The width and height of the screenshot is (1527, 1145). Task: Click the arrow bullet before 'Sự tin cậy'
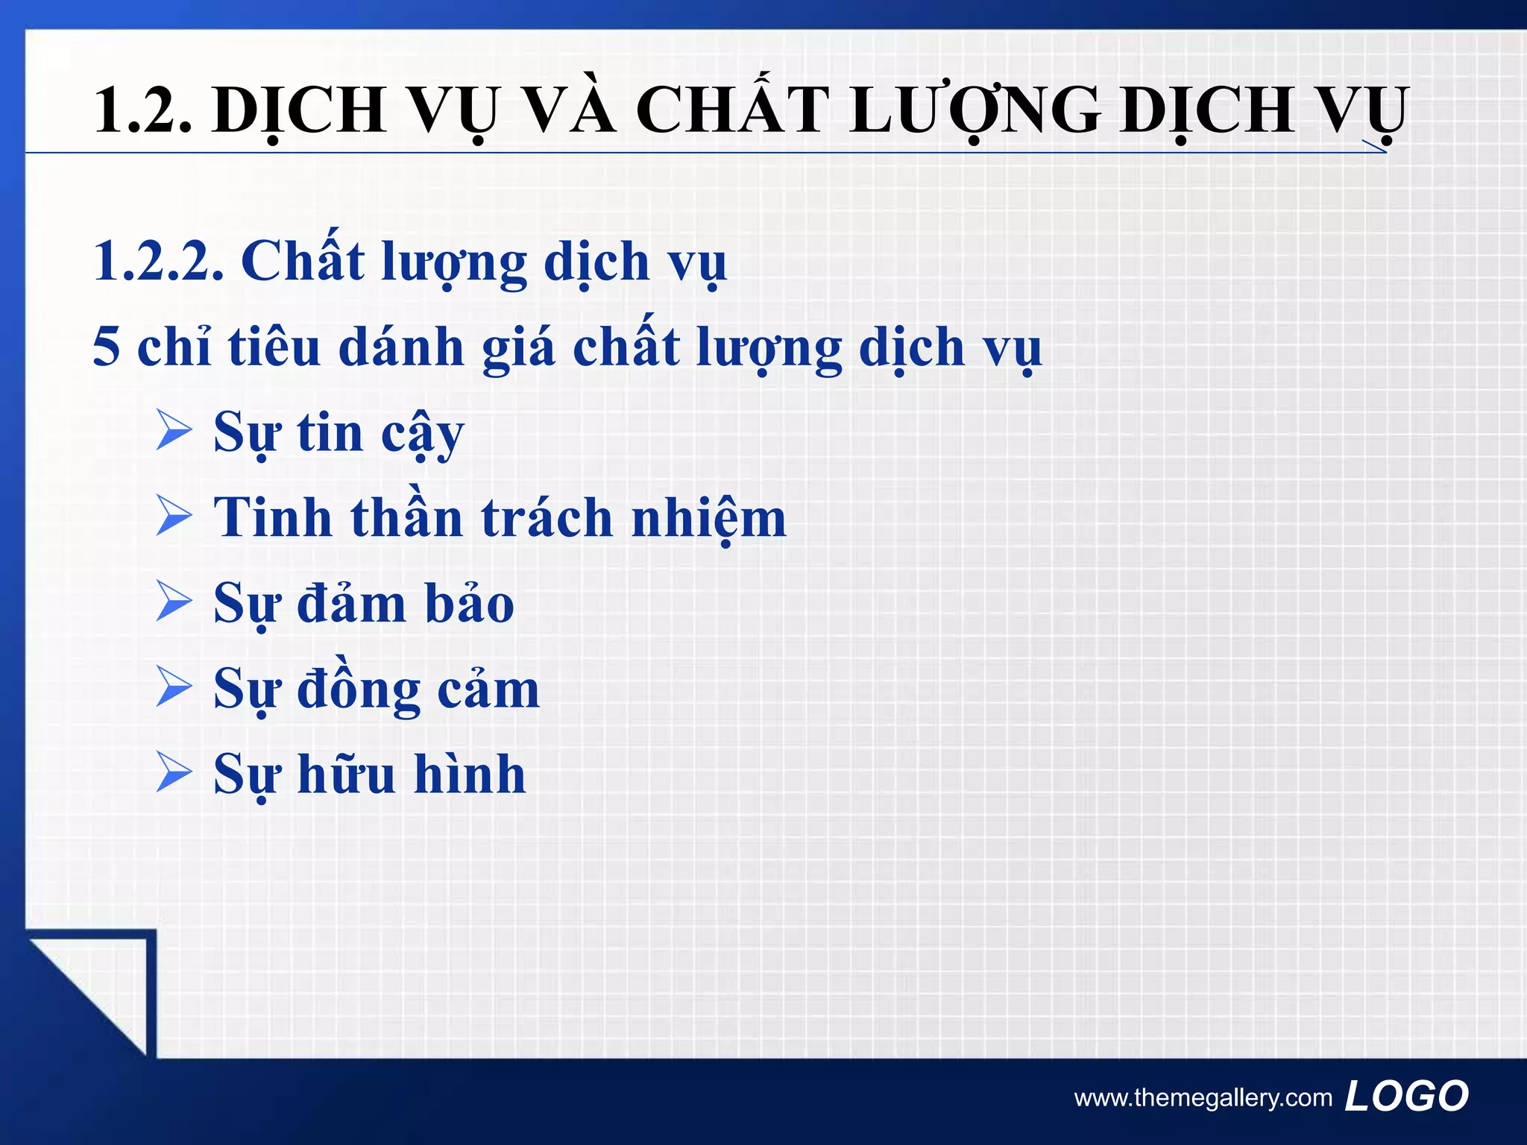pos(174,432)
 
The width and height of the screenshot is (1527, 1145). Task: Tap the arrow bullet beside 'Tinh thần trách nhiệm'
pos(174,517)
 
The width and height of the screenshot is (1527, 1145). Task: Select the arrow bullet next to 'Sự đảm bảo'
pos(174,602)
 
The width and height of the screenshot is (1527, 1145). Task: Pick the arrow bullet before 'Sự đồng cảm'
pos(174,687)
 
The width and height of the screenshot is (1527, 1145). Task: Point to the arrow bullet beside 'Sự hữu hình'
pos(174,773)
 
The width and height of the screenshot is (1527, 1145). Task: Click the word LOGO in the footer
pos(1406,1096)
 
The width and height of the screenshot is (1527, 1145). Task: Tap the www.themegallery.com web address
pos(1203,1098)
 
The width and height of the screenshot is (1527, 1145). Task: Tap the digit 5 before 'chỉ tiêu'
pos(107,347)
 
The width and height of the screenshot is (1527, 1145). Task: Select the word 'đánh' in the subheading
pos(401,347)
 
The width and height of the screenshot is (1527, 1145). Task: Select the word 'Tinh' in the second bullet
pos(272,517)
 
